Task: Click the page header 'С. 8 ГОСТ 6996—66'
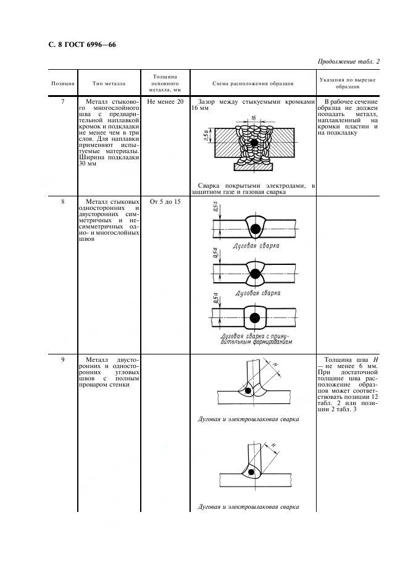point(82,44)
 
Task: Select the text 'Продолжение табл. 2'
point(348,62)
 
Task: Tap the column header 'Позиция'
point(63,83)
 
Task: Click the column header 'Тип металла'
point(109,83)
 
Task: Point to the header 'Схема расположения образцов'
point(253,83)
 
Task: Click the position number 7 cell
point(63,101)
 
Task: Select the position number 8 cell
point(63,202)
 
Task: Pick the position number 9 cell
point(63,359)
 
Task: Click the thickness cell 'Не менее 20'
point(165,101)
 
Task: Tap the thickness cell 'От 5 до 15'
point(165,202)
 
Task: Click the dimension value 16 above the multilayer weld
point(253,118)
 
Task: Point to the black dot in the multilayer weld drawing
point(254,142)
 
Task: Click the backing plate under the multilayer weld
point(254,167)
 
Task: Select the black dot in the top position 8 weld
point(255,229)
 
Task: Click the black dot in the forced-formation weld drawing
point(255,317)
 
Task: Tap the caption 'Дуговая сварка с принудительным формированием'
point(256,339)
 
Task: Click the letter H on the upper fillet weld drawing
point(275,364)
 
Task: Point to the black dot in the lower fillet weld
point(251,472)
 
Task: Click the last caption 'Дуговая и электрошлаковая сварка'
point(248,506)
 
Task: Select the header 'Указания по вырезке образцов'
point(348,83)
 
